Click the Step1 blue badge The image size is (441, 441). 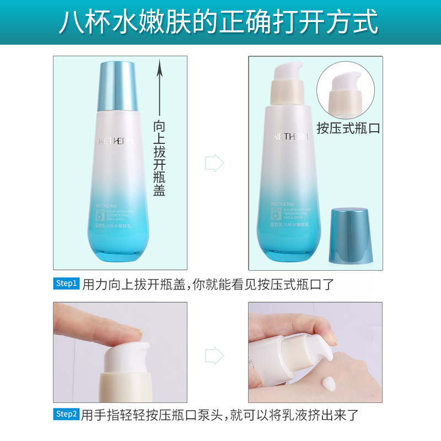(x=67, y=283)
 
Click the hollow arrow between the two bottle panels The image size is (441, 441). (x=214, y=163)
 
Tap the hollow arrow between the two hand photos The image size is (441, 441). (x=214, y=355)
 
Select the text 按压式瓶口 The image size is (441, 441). (x=348, y=128)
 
